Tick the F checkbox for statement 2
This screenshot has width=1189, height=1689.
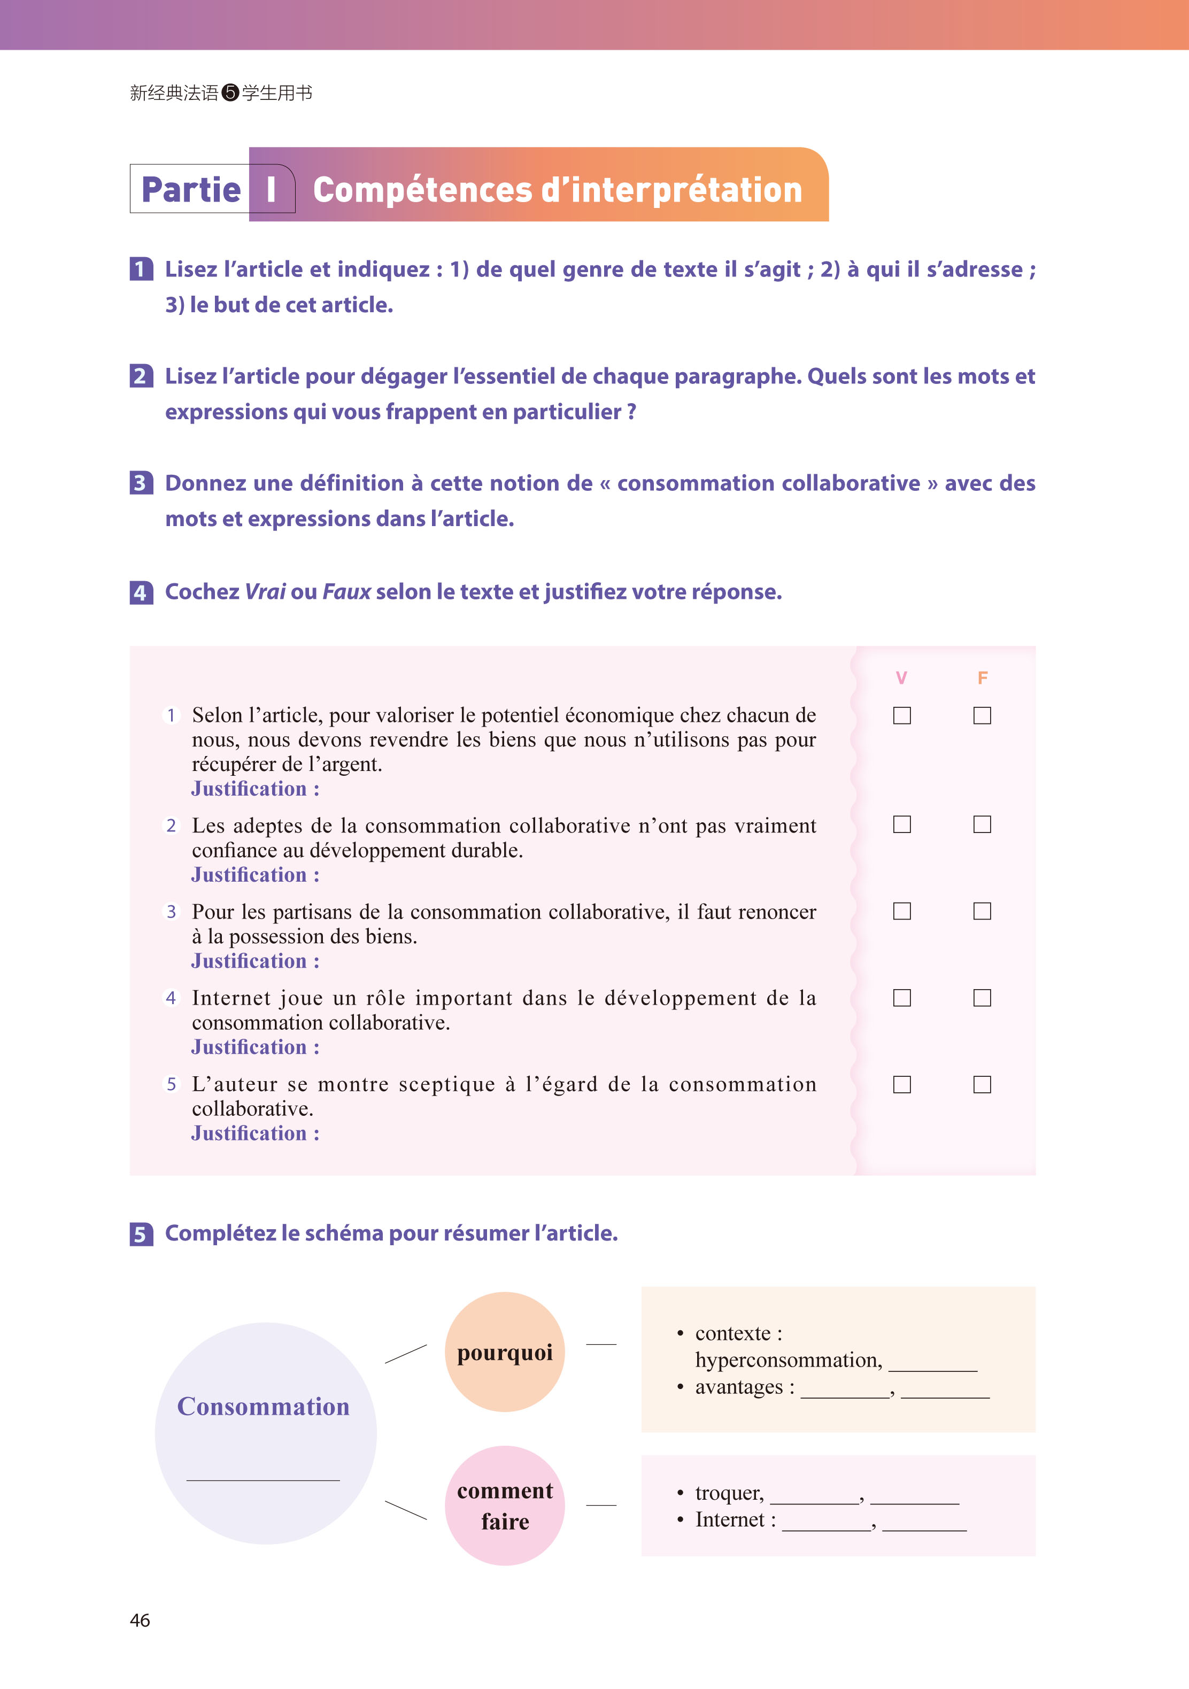tap(982, 824)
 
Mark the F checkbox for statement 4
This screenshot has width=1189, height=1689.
tap(982, 998)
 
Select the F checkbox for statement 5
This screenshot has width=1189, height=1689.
tap(982, 1084)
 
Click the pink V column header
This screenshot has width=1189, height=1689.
tap(901, 677)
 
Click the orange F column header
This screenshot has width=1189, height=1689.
tap(982, 677)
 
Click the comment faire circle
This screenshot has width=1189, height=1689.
tap(505, 1505)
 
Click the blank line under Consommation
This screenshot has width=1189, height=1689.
tap(264, 1479)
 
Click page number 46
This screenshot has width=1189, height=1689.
tap(140, 1621)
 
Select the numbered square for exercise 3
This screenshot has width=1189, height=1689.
tap(141, 483)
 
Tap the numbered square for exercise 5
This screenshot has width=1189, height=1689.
tap(141, 1233)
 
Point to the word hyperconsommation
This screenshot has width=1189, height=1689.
tap(788, 1360)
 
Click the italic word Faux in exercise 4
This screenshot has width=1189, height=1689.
tap(346, 591)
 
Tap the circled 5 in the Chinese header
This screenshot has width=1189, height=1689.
tap(230, 92)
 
